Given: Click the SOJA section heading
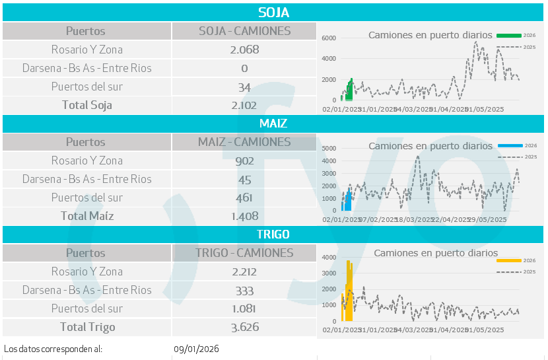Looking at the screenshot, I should [x=273, y=13].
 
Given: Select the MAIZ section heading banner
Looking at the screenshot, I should [x=273, y=124].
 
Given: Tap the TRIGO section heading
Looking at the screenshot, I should [x=273, y=234].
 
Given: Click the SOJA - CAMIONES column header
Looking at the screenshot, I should [x=244, y=31].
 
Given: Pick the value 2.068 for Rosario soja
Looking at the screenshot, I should [x=244, y=50].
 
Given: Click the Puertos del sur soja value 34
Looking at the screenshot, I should [x=244, y=87].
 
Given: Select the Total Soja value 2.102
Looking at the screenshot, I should [x=244, y=105].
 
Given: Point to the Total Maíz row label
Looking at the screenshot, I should [x=87, y=216].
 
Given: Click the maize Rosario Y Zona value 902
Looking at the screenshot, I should [x=244, y=161].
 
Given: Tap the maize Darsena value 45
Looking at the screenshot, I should [x=244, y=179].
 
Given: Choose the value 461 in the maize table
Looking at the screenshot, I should [x=244, y=198].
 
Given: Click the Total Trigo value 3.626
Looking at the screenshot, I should [x=244, y=327].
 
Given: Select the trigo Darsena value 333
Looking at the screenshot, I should [x=244, y=290].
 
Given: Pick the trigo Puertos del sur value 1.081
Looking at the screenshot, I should [x=244, y=308].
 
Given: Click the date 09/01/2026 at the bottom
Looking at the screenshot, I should [x=197, y=349].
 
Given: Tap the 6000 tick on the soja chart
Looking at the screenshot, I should [x=329, y=38].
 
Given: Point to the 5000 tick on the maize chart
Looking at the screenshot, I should [x=329, y=149].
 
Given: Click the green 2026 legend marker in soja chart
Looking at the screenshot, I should [x=509, y=35].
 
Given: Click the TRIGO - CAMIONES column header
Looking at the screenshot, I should [x=244, y=253].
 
